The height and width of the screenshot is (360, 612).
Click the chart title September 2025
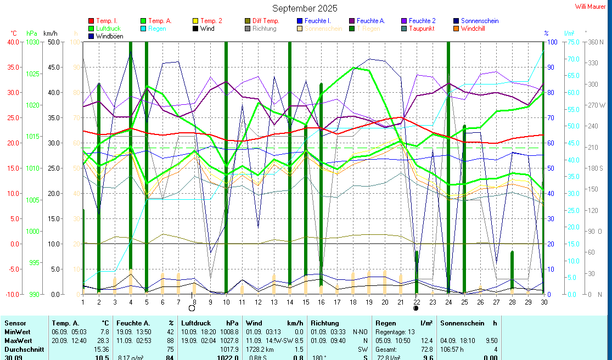tap(305, 8)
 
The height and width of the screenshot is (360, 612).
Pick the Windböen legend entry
tap(109, 36)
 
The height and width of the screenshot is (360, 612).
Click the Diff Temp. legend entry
tap(266, 21)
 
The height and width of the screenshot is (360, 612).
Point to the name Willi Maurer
tap(591, 7)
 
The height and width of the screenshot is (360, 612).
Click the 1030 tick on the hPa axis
tap(33, 42)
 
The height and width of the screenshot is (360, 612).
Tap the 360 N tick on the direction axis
tap(595, 42)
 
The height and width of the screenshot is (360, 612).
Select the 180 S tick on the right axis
tap(595, 168)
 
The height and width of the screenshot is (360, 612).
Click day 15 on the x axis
tap(305, 301)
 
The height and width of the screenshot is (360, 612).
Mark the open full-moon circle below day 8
tap(192, 308)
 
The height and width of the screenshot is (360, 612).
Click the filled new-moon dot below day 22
tap(416, 308)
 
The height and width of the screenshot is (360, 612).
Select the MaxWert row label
tap(18, 340)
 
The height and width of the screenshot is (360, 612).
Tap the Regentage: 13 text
tap(395, 332)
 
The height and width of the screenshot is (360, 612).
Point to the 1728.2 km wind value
tap(260, 349)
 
